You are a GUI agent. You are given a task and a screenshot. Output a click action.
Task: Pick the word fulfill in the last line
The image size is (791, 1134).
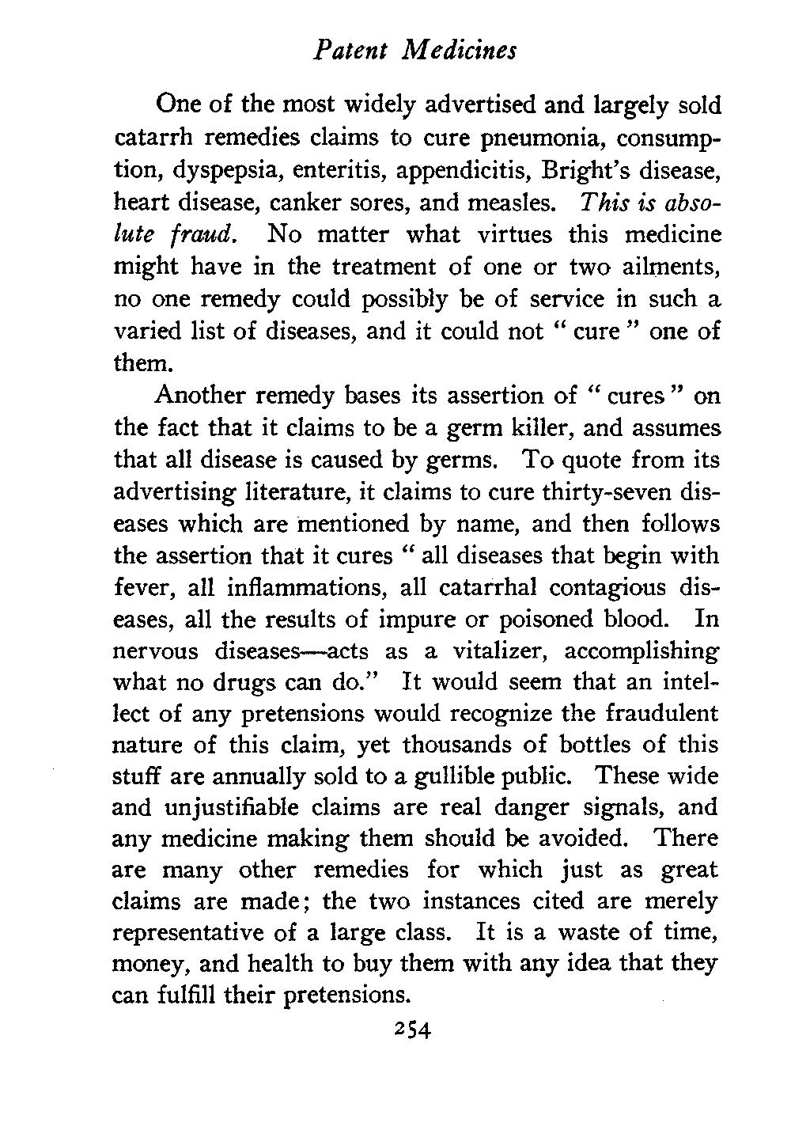coord(182,995)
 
